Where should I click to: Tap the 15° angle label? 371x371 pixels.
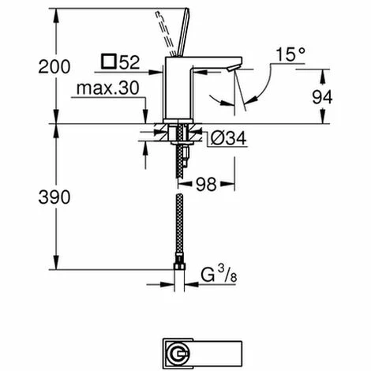290,55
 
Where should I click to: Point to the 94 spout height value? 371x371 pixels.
344,96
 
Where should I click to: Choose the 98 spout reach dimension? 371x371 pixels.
208,183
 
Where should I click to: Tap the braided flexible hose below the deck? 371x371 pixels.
179,221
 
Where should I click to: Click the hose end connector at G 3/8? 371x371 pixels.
179,272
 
